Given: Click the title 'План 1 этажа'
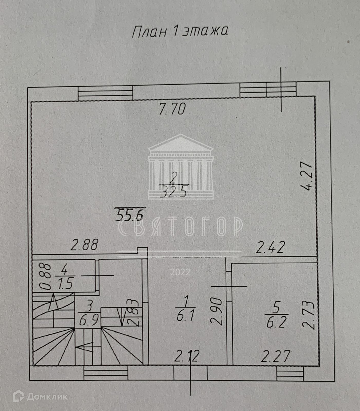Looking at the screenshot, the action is coord(180,31).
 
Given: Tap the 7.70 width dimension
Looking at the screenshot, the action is coord(172,109).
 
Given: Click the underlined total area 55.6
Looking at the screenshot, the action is coord(129,215).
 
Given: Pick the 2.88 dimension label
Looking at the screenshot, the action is coord(85,245).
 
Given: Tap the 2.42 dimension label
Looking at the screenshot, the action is coord(270,248).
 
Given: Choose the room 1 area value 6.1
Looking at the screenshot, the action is coord(185,315).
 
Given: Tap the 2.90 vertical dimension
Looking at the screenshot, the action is coord(217,311).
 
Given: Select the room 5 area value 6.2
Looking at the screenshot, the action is coord(277,322).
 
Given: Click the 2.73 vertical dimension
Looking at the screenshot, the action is coord(310,315).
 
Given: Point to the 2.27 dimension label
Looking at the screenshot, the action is coord(275,356).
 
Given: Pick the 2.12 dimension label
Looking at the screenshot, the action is coord(187,356).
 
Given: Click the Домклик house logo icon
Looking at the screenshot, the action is coord(18,396).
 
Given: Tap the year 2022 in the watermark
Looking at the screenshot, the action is coord(180,272).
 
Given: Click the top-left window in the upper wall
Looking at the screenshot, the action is coord(105,93).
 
